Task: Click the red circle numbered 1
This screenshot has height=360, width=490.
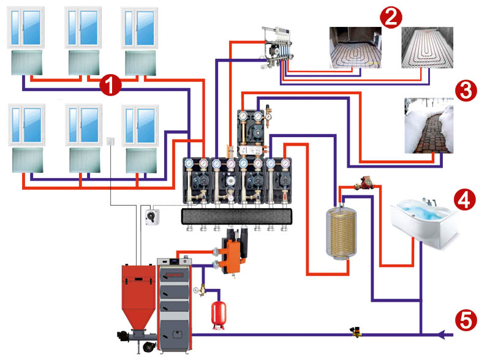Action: (x=110, y=84)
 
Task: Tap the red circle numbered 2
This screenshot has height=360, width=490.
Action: (x=391, y=18)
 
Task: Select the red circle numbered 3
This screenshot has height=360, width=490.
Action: (x=466, y=91)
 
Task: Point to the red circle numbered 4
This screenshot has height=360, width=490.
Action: (x=465, y=200)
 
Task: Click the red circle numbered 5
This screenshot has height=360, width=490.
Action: (x=466, y=320)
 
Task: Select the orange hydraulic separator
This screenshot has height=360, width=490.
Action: (x=233, y=255)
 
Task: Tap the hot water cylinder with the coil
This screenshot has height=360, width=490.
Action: (x=341, y=232)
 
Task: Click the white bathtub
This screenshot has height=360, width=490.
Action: (x=423, y=222)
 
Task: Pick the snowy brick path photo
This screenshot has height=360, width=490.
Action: (x=429, y=126)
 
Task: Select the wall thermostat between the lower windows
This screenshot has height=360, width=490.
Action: (x=111, y=141)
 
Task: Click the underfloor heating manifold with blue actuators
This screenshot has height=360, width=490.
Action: (x=277, y=48)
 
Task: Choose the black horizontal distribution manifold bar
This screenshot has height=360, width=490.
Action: (x=237, y=217)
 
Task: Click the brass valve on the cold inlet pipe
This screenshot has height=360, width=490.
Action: (x=356, y=332)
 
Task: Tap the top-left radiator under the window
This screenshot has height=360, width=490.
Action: (x=27, y=62)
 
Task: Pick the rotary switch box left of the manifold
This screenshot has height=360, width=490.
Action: (x=153, y=217)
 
